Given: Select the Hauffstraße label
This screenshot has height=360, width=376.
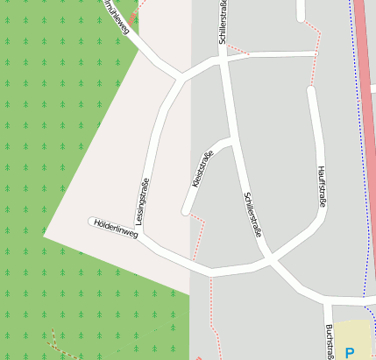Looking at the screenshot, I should click(x=322, y=187).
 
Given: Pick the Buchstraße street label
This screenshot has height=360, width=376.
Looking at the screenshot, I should click(x=330, y=342).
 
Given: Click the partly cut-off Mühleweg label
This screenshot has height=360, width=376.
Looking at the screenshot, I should click(x=117, y=16).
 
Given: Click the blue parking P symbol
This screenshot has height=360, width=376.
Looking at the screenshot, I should click(x=350, y=353).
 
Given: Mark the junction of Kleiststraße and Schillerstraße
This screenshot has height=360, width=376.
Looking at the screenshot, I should click(x=231, y=139).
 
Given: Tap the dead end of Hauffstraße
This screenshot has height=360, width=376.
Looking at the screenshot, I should click(x=311, y=89).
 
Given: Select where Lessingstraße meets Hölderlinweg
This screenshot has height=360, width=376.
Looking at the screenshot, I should click(x=143, y=235).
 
